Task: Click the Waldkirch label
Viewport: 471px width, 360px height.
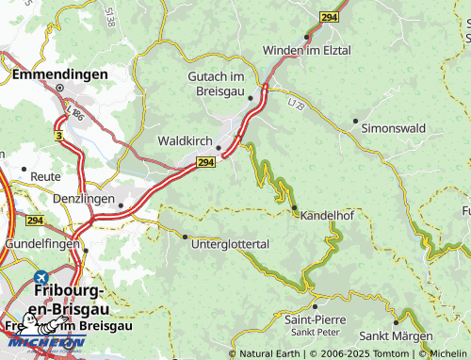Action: click(x=184, y=141)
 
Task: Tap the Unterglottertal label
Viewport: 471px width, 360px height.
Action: click(x=230, y=244)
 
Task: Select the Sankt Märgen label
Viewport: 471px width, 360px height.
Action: click(x=396, y=335)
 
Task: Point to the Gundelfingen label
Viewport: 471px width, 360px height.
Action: click(x=41, y=243)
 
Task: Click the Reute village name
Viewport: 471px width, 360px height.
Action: click(x=45, y=176)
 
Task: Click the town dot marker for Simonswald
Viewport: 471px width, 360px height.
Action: click(x=355, y=121)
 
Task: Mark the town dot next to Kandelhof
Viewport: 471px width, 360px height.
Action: click(x=294, y=207)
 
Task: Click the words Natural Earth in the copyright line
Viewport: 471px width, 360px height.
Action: click(x=270, y=353)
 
